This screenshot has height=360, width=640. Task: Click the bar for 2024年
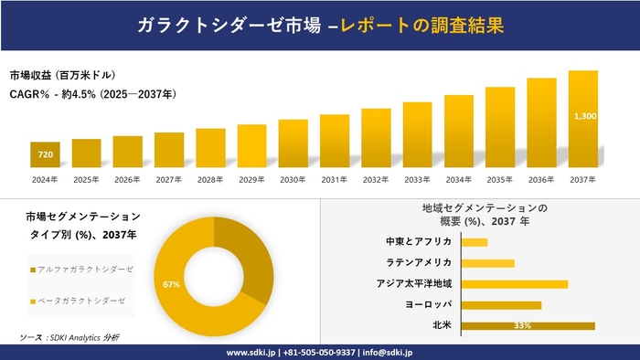point(45,155)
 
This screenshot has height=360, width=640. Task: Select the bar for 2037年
point(582,119)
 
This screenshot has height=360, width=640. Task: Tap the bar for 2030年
point(293,143)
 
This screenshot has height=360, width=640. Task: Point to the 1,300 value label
point(584,116)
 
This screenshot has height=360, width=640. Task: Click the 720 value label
point(45,154)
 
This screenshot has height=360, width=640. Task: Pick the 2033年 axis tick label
point(417,179)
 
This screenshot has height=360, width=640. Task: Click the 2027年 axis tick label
point(169,179)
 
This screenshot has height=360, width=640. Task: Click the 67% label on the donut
point(172,285)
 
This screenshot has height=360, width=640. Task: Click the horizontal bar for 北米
point(528,325)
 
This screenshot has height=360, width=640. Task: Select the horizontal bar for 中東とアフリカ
point(475,242)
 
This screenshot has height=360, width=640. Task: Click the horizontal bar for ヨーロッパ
point(502,304)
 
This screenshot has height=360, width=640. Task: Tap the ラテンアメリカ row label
point(420,262)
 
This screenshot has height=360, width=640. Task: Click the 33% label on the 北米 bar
point(523,325)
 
